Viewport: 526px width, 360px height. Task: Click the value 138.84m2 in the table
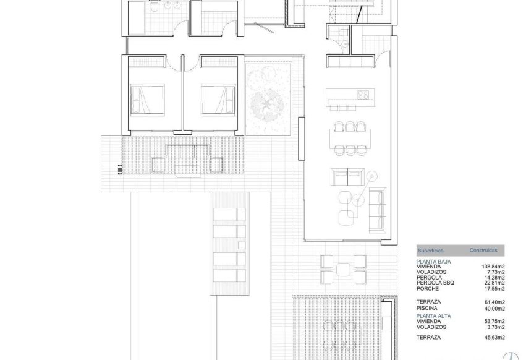[493, 267]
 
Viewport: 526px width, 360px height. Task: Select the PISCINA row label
[428, 307]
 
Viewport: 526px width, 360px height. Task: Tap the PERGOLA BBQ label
[436, 283]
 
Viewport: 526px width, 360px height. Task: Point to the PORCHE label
[428, 289]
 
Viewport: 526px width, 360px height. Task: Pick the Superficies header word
[431, 251]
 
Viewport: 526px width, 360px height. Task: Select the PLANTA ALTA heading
[433, 315]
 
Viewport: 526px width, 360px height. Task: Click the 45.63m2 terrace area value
[494, 337]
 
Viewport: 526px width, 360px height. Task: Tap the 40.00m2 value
[494, 307]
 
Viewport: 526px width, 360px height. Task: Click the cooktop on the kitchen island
[363, 95]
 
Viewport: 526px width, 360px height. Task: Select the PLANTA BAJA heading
[433, 262]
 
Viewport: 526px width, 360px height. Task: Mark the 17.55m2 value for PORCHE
[494, 289]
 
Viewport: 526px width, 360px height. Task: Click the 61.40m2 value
[494, 302]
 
